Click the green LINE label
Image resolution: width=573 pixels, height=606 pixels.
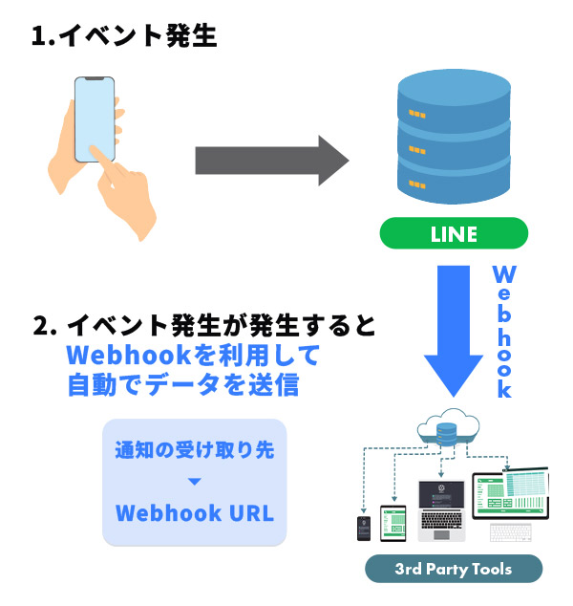(x=453, y=233)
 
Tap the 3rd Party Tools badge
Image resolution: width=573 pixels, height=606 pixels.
(x=454, y=569)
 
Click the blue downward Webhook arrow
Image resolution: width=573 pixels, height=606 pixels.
(x=453, y=330)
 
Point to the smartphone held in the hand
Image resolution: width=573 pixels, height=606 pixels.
(x=93, y=119)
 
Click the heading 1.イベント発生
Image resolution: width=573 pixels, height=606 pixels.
(x=124, y=37)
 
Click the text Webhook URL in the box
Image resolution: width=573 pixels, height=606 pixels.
(x=195, y=512)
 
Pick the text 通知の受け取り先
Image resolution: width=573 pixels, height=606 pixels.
(x=195, y=449)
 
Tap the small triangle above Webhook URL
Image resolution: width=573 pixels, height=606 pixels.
(x=195, y=481)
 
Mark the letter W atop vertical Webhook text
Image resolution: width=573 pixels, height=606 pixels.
(x=504, y=275)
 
